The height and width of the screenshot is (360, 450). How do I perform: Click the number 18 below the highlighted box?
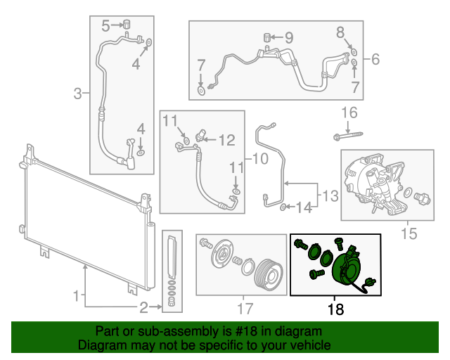[336, 308]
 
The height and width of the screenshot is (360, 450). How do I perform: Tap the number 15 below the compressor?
[409, 232]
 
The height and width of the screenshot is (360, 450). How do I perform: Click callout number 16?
[349, 112]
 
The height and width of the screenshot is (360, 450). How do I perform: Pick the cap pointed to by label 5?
[128, 25]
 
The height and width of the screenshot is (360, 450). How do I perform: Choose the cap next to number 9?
[268, 37]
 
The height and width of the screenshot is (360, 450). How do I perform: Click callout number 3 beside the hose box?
[79, 91]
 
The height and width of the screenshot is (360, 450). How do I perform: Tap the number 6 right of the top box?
[375, 60]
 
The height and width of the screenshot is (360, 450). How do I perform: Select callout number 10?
[259, 159]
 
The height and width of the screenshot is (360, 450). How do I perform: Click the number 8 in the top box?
[341, 32]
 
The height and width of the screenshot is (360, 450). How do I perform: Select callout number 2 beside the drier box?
[144, 307]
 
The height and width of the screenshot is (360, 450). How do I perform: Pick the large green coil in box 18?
[344, 269]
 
